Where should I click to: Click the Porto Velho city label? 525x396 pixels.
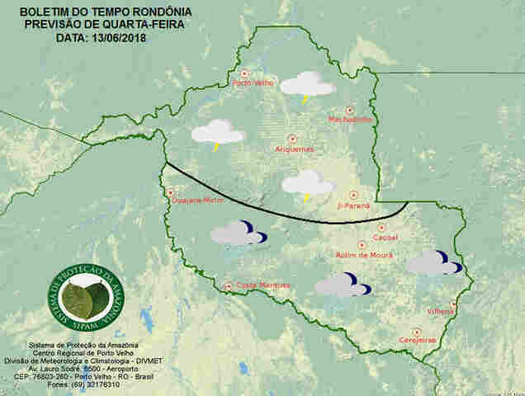pos(253,83)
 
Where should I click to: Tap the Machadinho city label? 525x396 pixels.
pos(350,120)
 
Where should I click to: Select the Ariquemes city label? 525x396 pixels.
pos(293,149)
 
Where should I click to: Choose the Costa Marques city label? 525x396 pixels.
pos(262,285)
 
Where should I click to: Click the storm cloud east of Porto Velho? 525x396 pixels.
pos(307,84)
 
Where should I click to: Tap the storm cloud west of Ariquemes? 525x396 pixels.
pos(218,133)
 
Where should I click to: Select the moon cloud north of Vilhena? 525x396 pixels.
pos(434,262)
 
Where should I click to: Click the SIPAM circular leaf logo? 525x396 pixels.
pos(86,301)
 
